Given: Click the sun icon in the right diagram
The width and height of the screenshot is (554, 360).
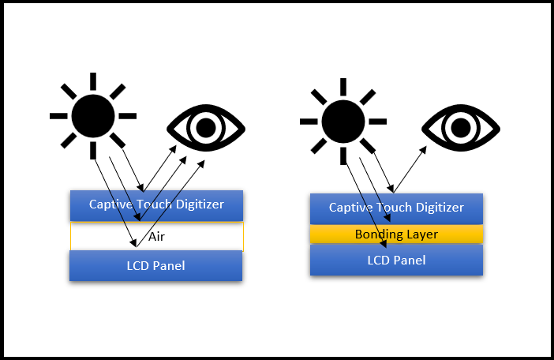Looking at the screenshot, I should (343, 122).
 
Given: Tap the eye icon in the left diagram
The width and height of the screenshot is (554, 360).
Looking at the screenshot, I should (206, 127).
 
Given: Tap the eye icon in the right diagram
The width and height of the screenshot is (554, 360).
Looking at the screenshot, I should (460, 127).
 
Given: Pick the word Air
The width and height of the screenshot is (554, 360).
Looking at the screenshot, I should (156, 237).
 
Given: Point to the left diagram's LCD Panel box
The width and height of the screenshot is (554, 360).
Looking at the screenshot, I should (155, 265).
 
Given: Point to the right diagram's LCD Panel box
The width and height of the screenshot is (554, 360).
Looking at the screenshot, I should (395, 260).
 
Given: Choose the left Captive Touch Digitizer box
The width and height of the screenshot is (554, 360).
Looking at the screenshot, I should (155, 204).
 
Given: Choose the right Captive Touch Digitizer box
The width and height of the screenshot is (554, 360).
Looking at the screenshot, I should (395, 208).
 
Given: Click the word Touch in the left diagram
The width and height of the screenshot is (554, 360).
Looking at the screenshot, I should (155, 204).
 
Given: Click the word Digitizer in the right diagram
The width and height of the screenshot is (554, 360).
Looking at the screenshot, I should (437, 208).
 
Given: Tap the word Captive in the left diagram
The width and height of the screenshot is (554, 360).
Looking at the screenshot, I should (110, 204).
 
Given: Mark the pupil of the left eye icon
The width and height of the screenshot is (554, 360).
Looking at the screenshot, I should (206, 127).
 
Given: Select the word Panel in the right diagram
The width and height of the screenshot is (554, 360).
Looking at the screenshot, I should (410, 260).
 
